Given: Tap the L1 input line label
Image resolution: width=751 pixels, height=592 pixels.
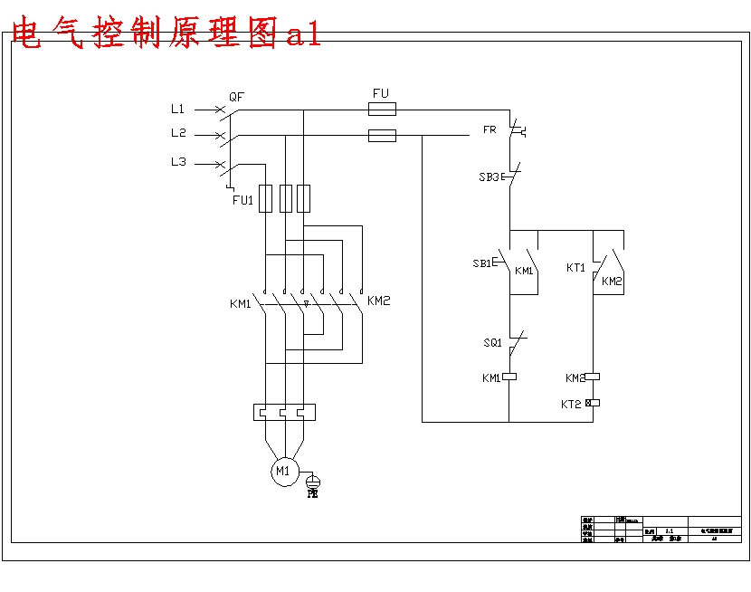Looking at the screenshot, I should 178,109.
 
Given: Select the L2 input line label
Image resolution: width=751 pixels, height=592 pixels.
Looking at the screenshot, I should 178,133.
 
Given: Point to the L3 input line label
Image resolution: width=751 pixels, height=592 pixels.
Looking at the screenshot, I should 178,162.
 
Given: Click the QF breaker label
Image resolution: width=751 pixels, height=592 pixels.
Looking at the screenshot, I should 236,96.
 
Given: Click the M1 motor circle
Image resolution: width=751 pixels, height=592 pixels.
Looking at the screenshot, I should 283,471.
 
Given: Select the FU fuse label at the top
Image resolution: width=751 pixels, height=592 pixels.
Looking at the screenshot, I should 381,93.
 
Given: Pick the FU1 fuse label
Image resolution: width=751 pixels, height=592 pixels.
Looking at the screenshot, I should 242,200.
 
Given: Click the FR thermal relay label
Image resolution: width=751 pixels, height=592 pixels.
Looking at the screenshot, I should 490,129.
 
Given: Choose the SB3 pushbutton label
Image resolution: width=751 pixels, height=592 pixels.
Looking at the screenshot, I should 489,177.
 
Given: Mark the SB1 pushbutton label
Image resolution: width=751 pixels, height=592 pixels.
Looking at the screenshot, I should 481,263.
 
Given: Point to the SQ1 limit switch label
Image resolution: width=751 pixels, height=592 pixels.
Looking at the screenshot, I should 492,343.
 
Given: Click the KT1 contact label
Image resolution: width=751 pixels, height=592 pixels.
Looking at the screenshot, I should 575,268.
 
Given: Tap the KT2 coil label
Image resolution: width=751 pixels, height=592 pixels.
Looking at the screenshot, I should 571,404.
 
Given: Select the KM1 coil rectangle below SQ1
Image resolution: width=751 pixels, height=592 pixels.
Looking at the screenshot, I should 509,377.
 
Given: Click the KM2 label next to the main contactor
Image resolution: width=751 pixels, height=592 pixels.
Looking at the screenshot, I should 379,301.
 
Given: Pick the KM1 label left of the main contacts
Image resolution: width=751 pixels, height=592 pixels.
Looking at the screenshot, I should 240,304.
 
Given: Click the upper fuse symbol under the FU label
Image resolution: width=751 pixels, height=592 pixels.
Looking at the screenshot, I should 382,110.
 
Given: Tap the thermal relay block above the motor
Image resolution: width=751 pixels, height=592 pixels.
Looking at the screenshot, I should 284,413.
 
